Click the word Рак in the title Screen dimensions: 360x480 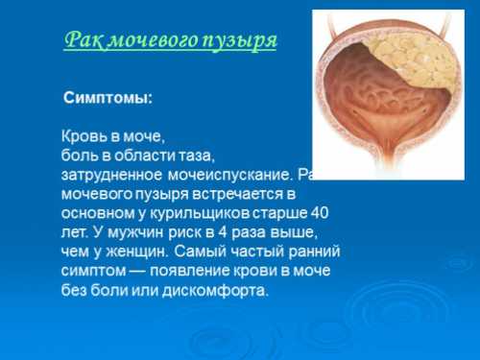[x=81, y=40]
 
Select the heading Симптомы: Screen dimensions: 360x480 [x=108, y=99]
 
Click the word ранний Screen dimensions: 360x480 [x=307, y=251]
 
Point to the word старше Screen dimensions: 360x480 [x=284, y=212]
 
